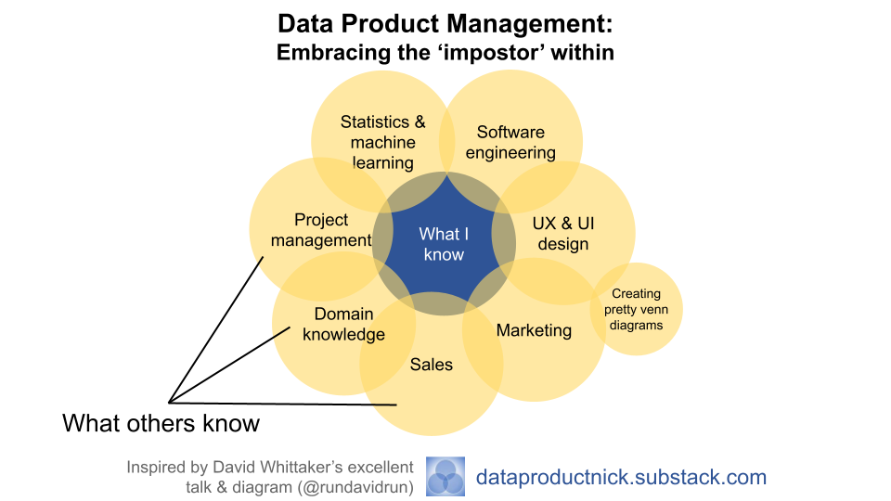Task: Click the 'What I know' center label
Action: click(444, 244)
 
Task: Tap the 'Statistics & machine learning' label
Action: click(382, 142)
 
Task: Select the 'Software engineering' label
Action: click(510, 142)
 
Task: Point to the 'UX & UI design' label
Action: click(563, 234)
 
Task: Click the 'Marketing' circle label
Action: click(534, 330)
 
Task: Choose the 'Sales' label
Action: click(432, 365)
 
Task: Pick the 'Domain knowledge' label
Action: click(343, 324)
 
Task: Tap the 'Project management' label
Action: click(321, 230)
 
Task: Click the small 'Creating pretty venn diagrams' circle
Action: click(636, 310)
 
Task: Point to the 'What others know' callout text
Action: click(161, 424)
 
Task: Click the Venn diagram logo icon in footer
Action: click(445, 477)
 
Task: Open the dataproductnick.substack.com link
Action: click(621, 478)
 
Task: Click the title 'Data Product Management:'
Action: click(445, 23)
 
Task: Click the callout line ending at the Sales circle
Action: click(283, 403)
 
